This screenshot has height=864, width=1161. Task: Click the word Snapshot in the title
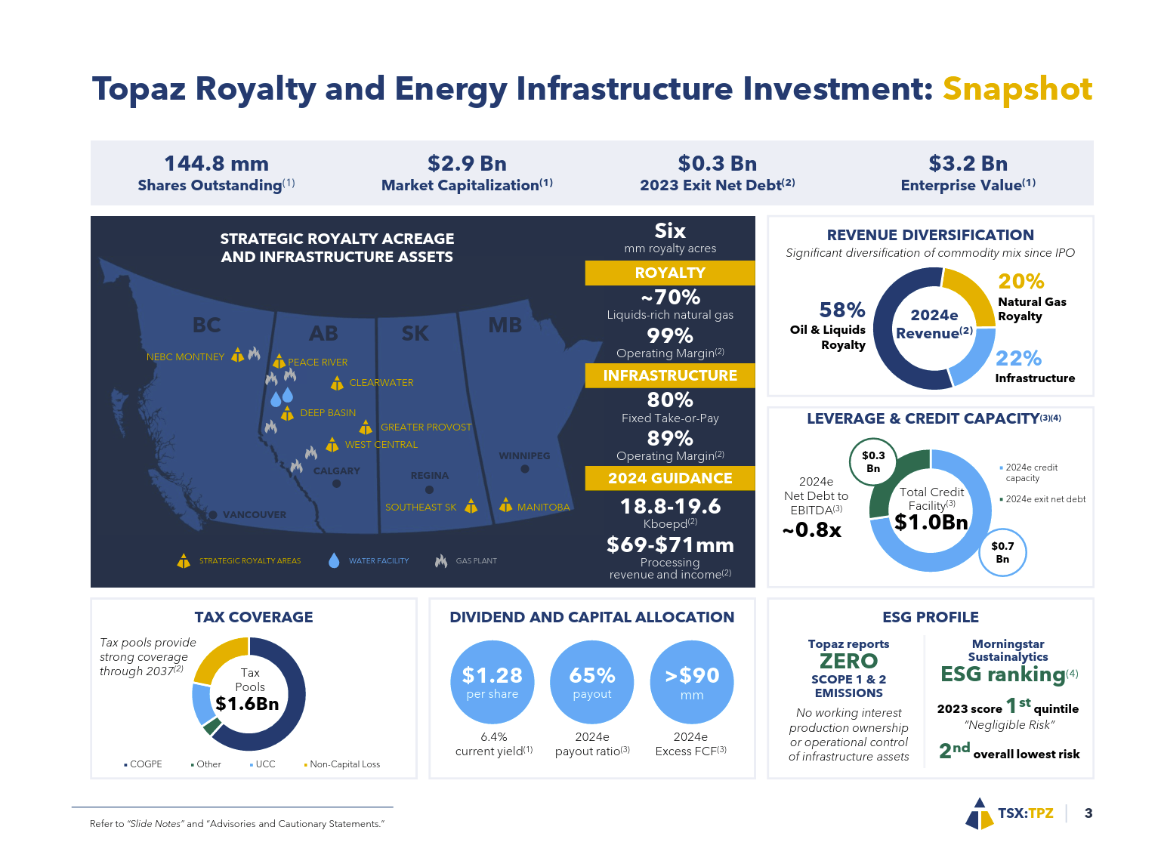point(1017,89)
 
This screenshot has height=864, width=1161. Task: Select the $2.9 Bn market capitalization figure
point(467,163)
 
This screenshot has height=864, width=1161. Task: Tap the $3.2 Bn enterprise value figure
point(968,163)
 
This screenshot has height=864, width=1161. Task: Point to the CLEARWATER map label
point(381,383)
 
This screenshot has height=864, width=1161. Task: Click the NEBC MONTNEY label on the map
point(185,357)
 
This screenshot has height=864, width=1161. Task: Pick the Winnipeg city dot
point(525,469)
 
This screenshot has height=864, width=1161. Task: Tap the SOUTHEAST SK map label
point(421,508)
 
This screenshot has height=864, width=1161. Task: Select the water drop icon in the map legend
point(334,560)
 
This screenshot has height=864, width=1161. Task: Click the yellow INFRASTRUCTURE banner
point(669,375)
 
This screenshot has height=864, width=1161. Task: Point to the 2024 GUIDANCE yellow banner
point(669,478)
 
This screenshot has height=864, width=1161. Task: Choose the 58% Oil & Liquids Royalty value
point(842,310)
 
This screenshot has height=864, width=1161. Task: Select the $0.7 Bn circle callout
point(1002,552)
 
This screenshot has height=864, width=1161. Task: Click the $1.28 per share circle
point(492,682)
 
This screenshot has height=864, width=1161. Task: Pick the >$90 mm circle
point(691,682)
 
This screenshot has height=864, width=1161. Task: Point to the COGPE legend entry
point(145,764)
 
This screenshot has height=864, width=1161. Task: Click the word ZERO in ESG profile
point(848,662)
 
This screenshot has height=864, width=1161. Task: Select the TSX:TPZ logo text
point(1025,813)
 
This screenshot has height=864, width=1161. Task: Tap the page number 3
point(1088,813)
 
